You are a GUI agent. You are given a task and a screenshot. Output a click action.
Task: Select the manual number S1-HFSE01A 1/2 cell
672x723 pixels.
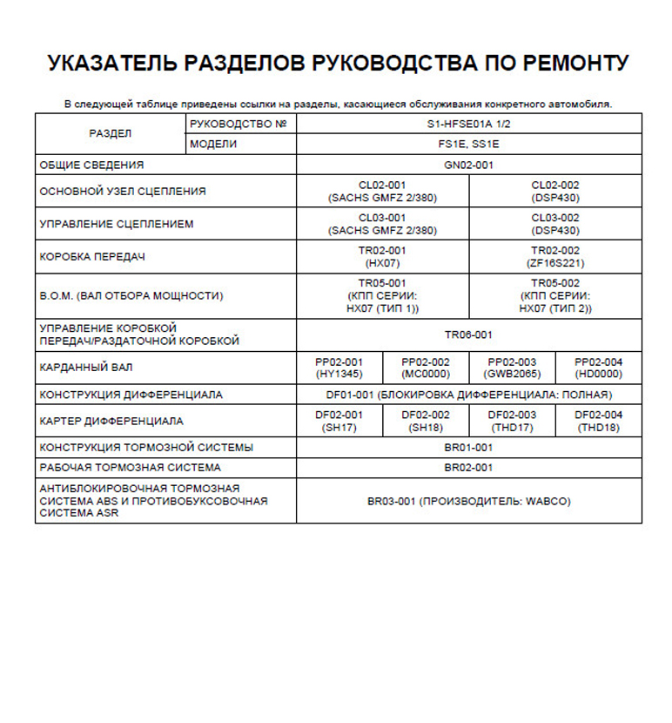pyautogui.click(x=469, y=125)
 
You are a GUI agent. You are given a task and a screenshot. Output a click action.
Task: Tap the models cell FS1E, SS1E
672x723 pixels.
pyautogui.click(x=469, y=145)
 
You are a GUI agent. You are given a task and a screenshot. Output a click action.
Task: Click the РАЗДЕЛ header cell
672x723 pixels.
pyautogui.click(x=111, y=134)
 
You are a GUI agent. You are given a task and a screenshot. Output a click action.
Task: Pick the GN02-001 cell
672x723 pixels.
pyautogui.click(x=469, y=165)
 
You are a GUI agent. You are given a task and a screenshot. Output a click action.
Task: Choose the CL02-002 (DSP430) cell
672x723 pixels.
pyautogui.click(x=555, y=191)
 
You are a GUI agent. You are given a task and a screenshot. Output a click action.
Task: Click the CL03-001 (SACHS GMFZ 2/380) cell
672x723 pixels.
pyautogui.click(x=383, y=224)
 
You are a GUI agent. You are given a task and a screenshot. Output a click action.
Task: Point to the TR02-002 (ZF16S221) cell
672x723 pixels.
pyautogui.click(x=555, y=256)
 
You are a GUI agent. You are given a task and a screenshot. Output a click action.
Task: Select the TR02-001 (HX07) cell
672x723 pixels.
pyautogui.click(x=383, y=256)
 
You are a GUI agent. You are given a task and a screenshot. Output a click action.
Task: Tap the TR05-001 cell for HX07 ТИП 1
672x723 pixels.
pyautogui.click(x=383, y=295)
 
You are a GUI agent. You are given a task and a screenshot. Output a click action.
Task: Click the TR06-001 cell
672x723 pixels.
pyautogui.click(x=469, y=334)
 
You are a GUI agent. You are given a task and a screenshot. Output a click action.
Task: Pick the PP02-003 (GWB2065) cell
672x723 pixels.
pyautogui.click(x=513, y=368)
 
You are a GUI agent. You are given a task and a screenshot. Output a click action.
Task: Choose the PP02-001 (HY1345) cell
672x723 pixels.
pyautogui.click(x=339, y=368)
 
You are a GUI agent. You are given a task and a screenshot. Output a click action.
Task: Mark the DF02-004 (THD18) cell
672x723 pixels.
pyautogui.click(x=599, y=421)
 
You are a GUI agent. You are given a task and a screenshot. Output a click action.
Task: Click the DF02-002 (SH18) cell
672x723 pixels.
pyautogui.click(x=427, y=421)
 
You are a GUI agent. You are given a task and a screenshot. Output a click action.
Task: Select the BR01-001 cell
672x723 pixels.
pyautogui.click(x=469, y=448)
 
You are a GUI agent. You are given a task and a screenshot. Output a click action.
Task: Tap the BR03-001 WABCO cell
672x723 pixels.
pyautogui.click(x=469, y=502)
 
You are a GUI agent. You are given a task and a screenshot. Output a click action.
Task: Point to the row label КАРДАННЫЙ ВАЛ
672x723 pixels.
pyautogui.click(x=87, y=368)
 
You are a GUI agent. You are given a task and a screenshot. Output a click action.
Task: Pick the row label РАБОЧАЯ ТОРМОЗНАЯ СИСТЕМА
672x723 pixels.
pyautogui.click(x=131, y=468)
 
